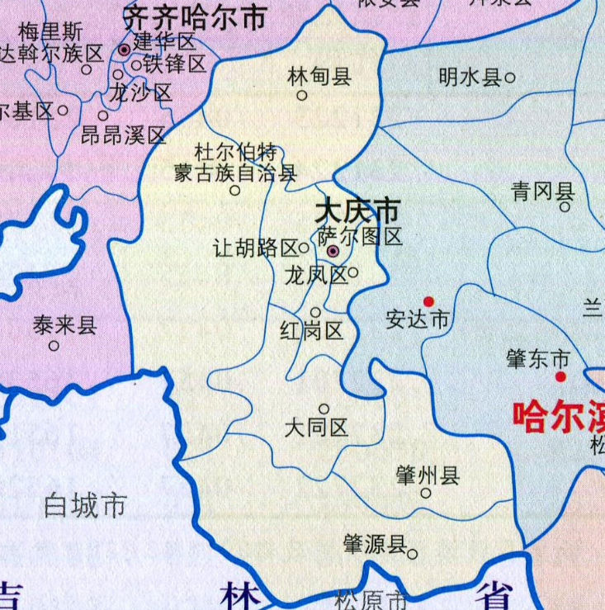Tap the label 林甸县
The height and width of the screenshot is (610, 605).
pos(319,77)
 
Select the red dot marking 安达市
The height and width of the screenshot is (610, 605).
pos(428,301)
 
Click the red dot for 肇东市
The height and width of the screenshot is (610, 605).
pos(560,376)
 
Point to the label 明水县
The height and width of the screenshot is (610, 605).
pos(470,78)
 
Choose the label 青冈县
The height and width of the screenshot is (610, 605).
pos(542,193)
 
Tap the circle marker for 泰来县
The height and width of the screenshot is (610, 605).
pos(54,346)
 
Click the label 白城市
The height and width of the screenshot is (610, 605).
pos(86,504)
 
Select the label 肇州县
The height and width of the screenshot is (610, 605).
pos(428,475)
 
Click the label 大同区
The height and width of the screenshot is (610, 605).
pos(316,428)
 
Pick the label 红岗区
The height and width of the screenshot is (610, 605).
pos(311,332)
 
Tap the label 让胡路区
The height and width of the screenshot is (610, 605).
pos(255,248)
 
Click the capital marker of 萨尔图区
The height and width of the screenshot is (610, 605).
pos(333,251)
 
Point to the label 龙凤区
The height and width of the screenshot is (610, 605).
pos(315,275)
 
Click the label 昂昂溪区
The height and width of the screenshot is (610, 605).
pos(124,135)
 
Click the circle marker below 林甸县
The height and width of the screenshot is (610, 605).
pos(302,95)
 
